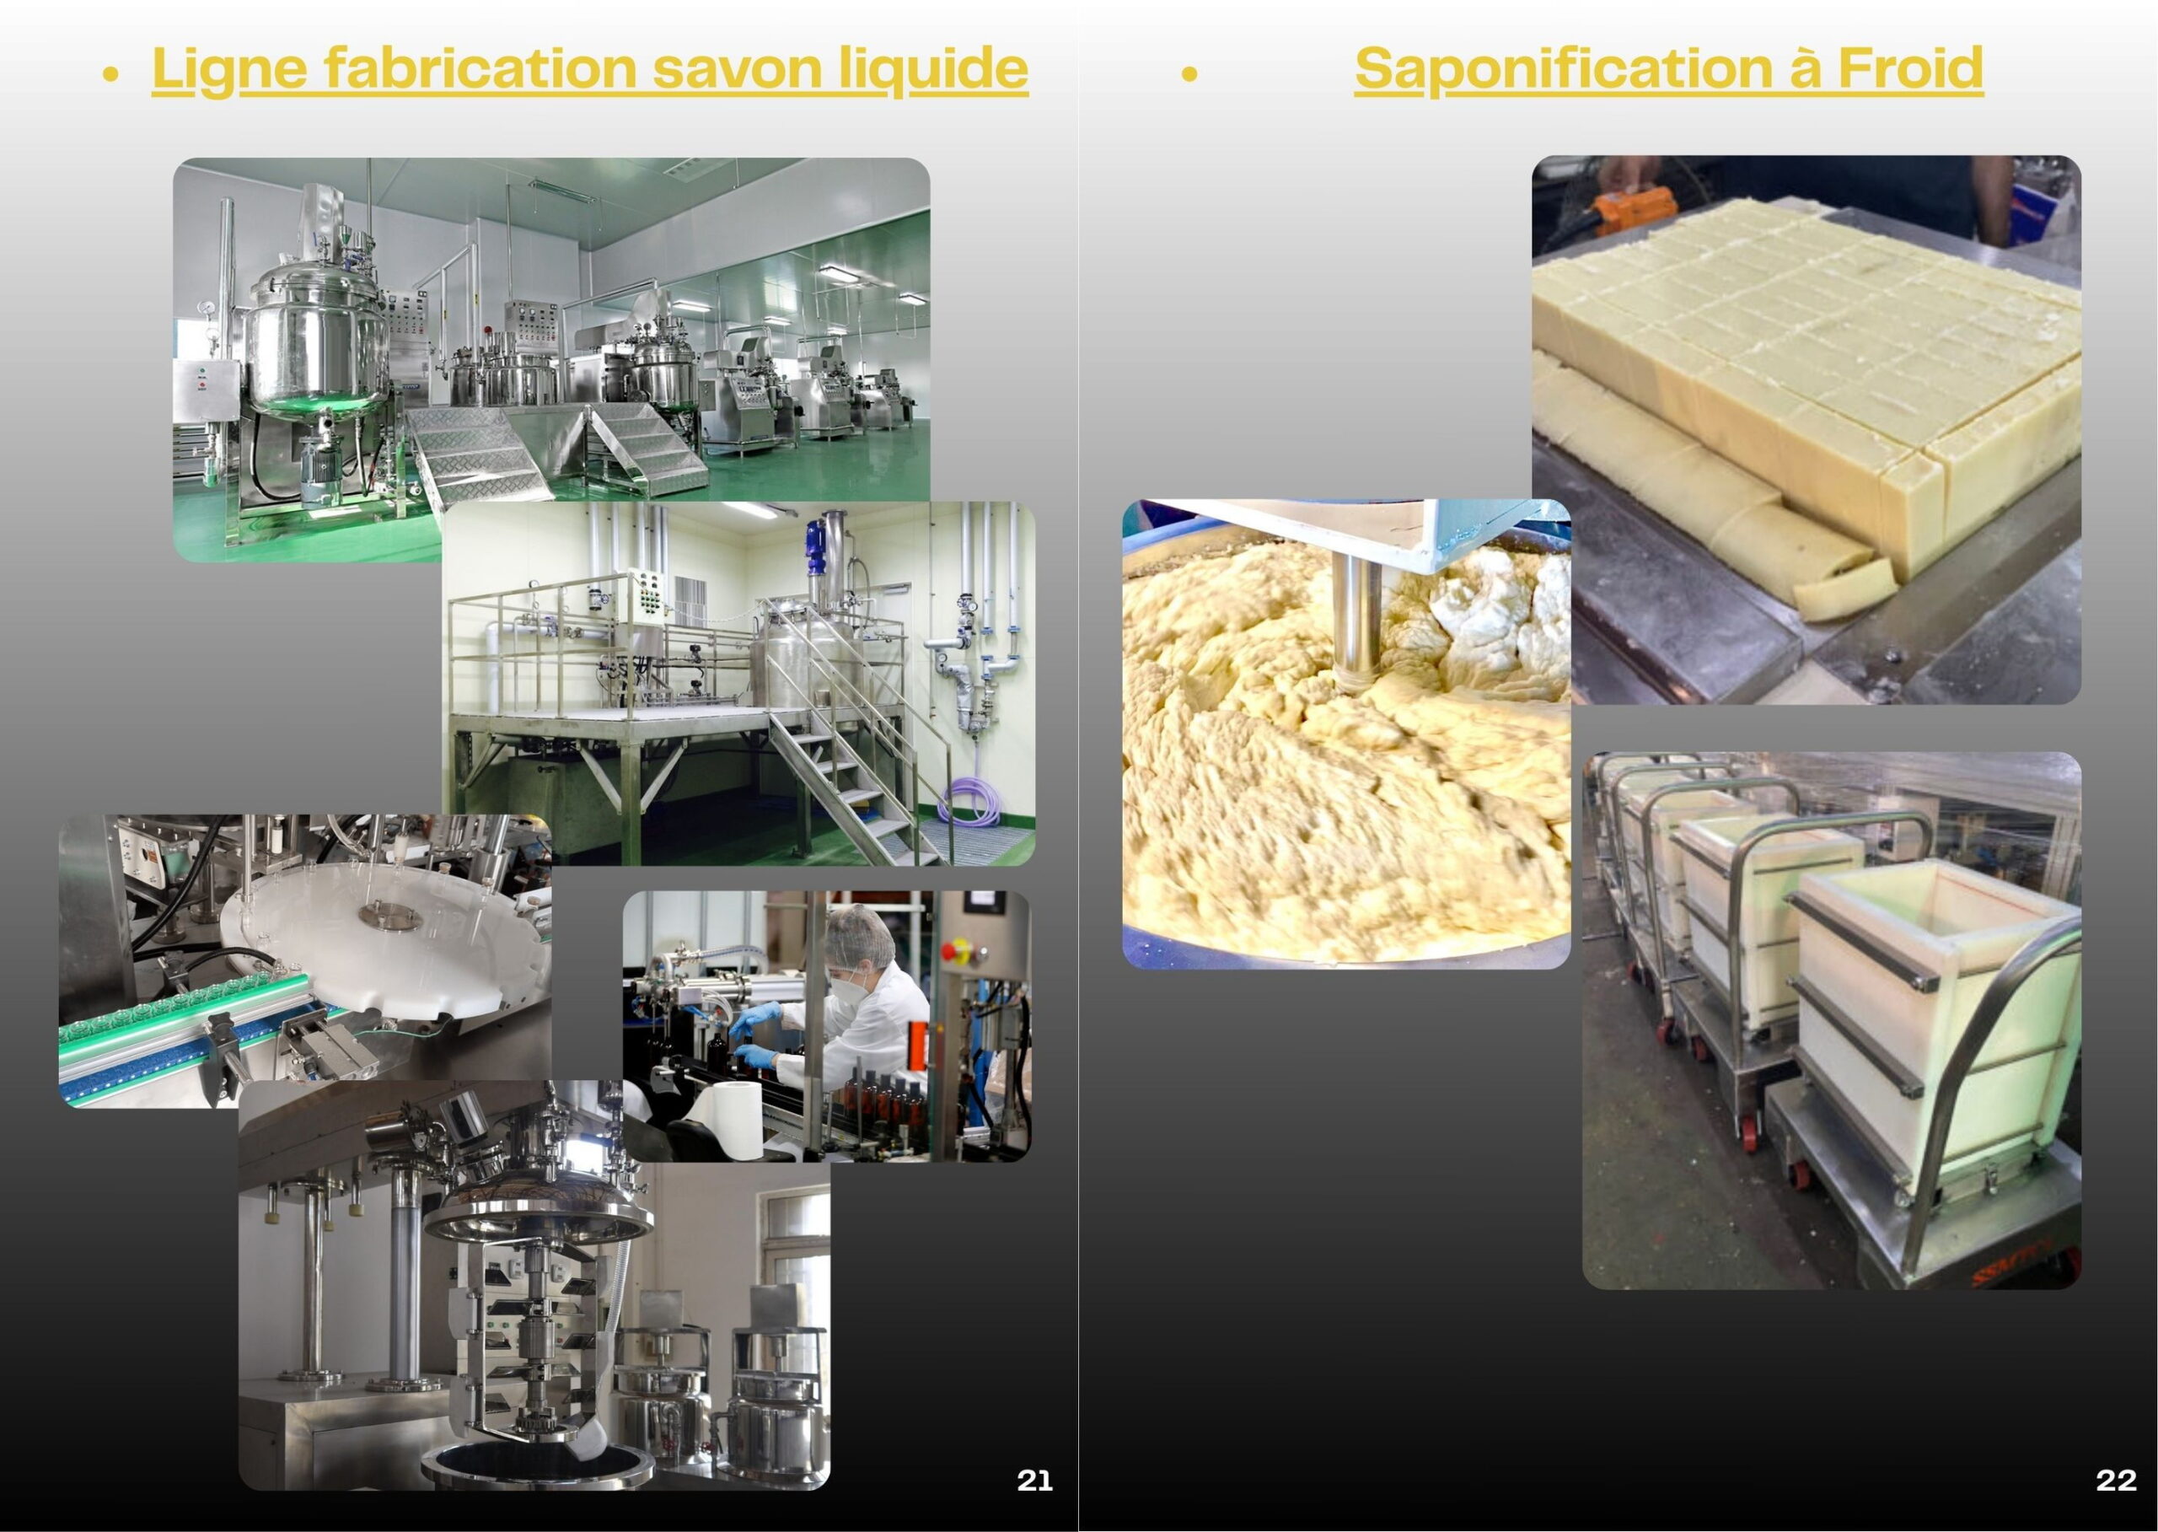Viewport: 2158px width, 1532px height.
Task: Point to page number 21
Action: [x=1034, y=1480]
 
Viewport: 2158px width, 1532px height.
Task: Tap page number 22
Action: [x=2116, y=1480]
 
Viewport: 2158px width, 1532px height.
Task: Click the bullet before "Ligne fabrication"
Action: [x=111, y=73]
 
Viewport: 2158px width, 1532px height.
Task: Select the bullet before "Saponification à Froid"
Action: [x=1189, y=73]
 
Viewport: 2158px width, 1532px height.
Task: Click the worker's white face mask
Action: [x=845, y=986]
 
